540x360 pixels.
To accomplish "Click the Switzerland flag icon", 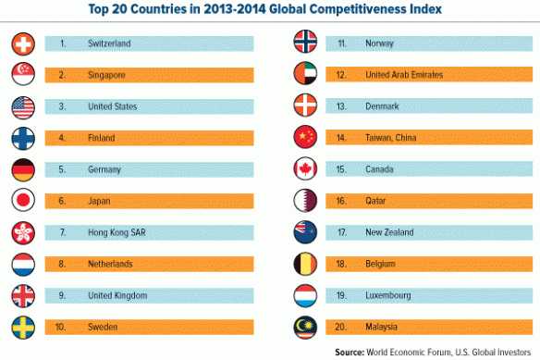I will pos(24,43).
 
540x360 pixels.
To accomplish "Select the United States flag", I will pos(24,106).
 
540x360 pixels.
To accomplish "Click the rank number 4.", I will pos(62,138).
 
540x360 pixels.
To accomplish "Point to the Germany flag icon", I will pos(24,169).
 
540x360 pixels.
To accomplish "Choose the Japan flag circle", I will pos(24,201).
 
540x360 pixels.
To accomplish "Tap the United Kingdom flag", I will pos(24,295).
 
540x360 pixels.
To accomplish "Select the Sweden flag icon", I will pos(24,327).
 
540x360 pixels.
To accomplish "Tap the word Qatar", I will pos(377,201).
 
